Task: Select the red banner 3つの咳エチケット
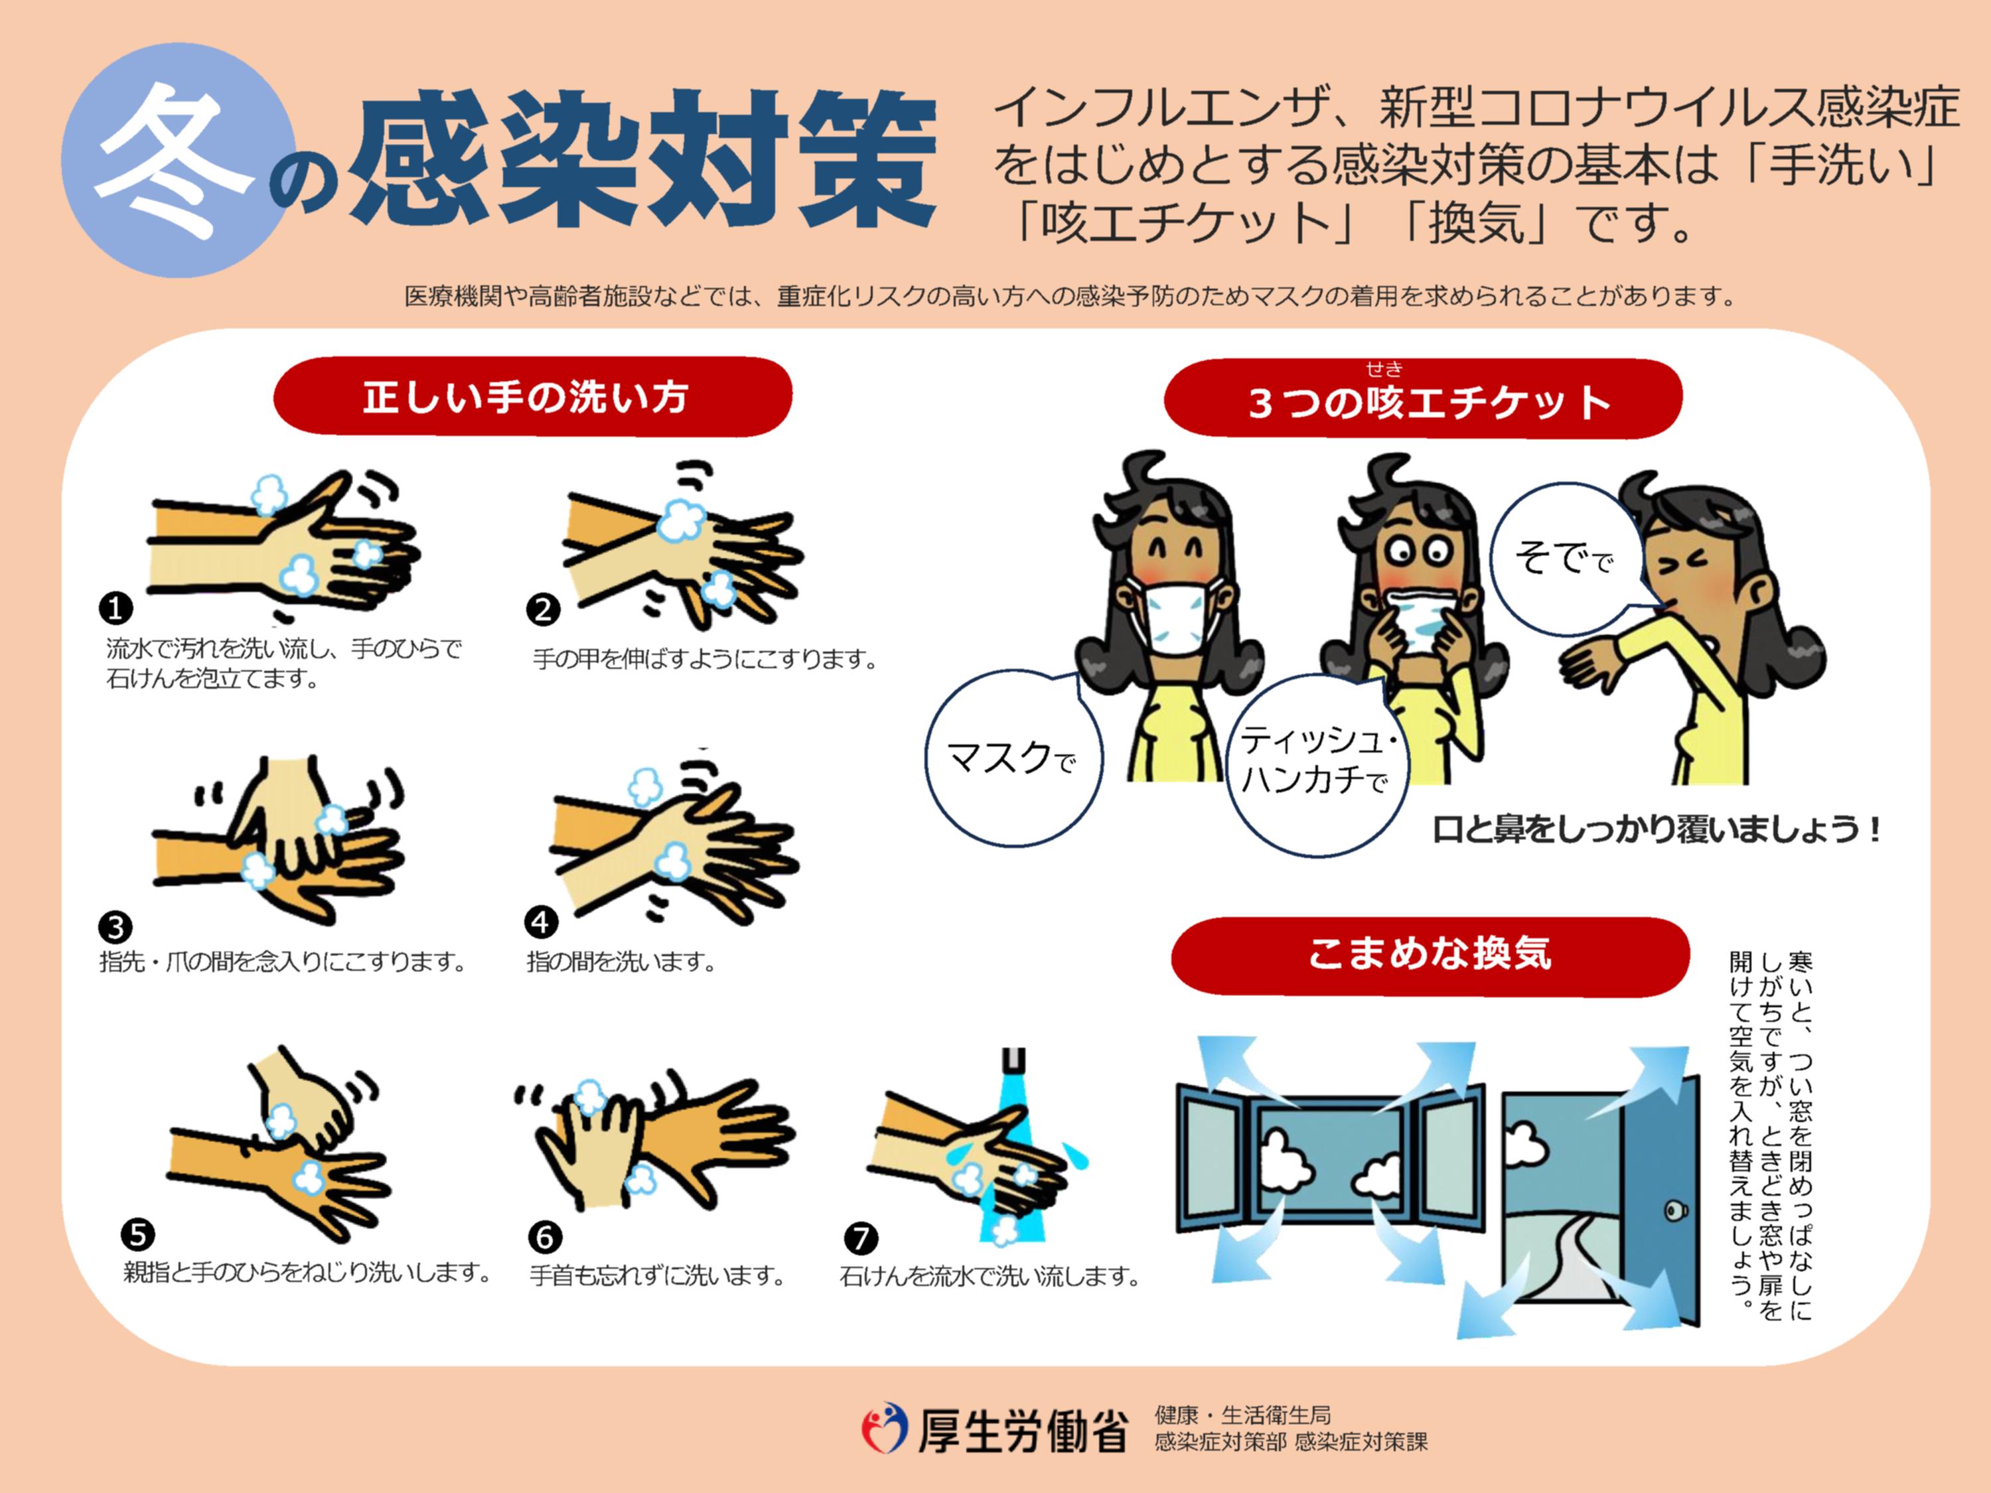pyautogui.click(x=1422, y=401)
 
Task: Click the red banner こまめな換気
pyautogui.click(x=1430, y=954)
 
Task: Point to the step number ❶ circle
pyautogui.click(x=115, y=609)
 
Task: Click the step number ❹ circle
pyautogui.click(x=541, y=922)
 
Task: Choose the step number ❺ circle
pyautogui.click(x=138, y=1234)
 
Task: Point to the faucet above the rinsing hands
pyautogui.click(x=1013, y=1062)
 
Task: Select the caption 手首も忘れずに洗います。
pyautogui.click(x=657, y=1276)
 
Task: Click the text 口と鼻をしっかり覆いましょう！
pyautogui.click(x=1656, y=829)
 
